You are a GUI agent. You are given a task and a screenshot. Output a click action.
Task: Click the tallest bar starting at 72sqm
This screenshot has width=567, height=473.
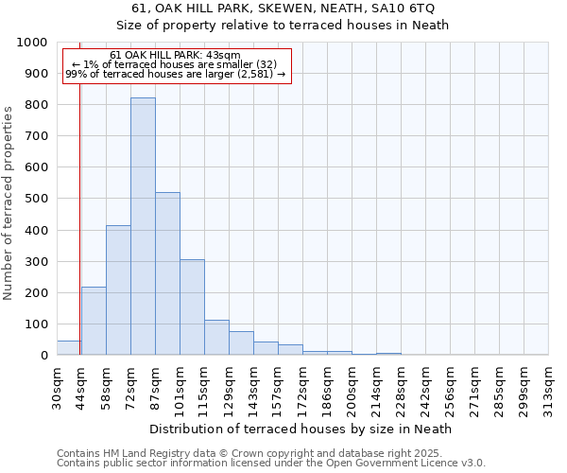point(143,226)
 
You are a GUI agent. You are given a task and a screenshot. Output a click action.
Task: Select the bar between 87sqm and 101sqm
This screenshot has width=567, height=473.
point(167,273)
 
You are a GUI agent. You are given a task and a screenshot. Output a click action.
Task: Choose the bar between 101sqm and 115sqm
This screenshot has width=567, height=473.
point(192,307)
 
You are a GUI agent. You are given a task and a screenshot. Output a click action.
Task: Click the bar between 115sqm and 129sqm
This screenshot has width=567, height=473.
point(216,338)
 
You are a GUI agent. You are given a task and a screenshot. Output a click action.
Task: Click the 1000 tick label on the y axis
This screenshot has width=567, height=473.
point(32,43)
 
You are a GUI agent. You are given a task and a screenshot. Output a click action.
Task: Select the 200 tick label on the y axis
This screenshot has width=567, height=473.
point(36,292)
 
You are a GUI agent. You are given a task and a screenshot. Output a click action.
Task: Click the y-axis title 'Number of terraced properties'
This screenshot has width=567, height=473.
point(9,203)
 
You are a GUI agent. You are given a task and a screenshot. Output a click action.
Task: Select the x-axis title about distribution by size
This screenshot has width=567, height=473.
point(302,429)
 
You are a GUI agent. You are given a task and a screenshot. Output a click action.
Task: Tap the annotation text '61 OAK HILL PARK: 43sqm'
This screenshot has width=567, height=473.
point(175,56)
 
